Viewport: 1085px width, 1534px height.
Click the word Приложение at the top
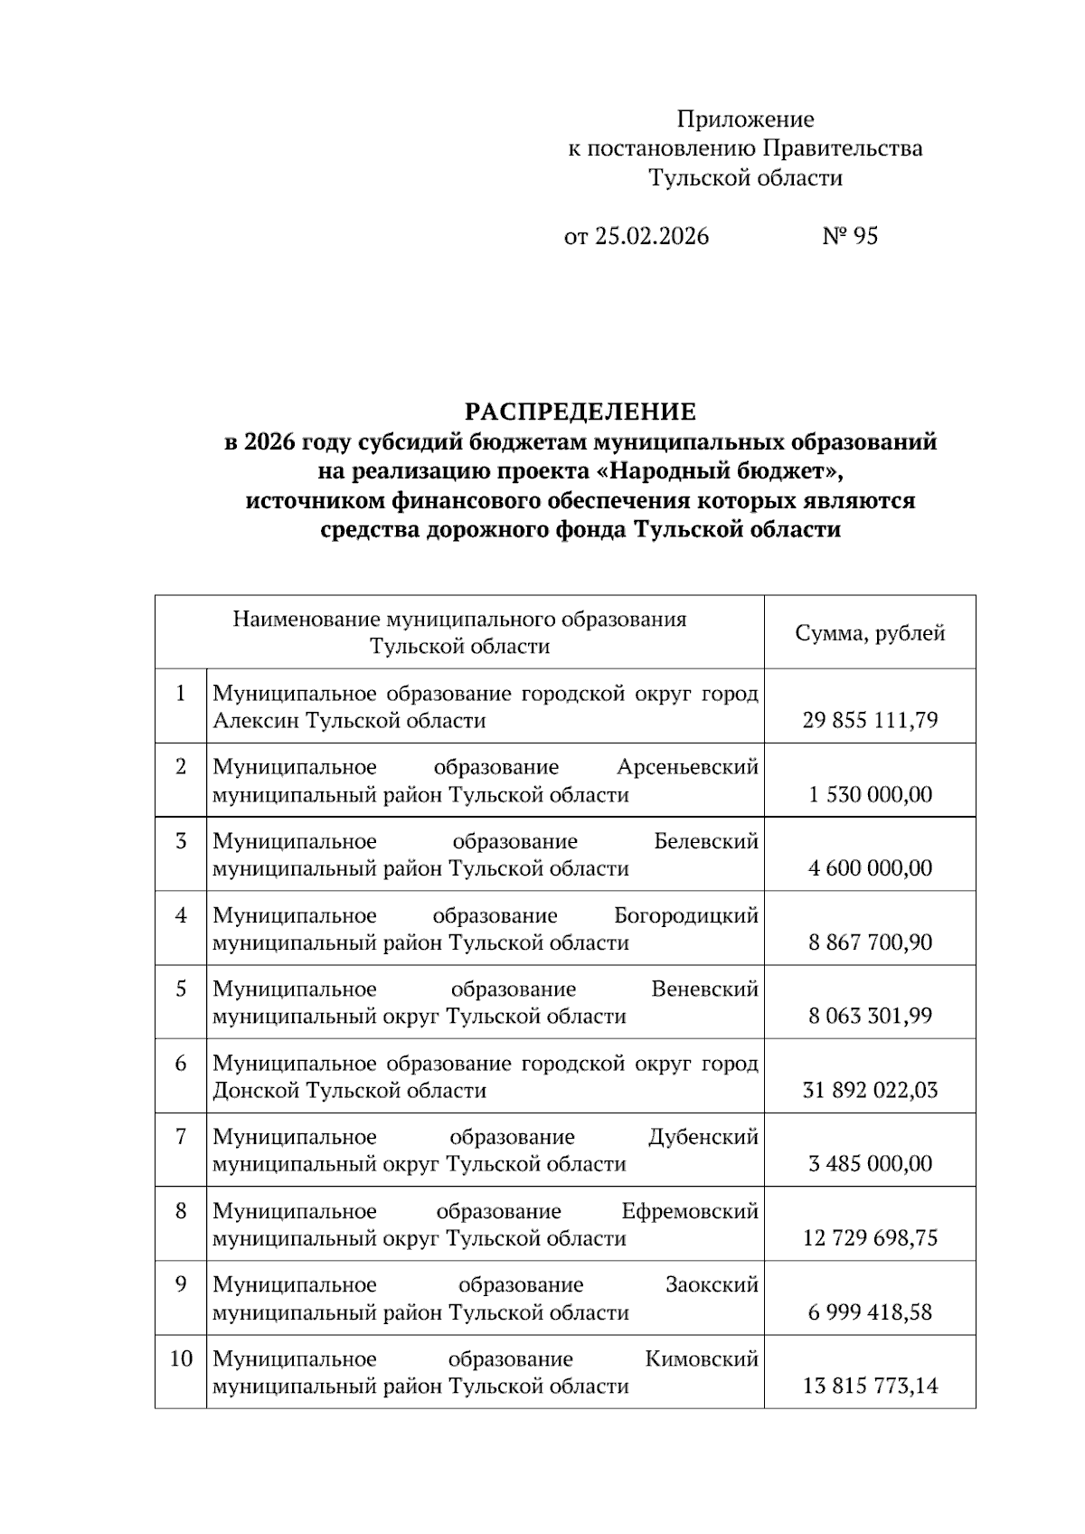(x=745, y=119)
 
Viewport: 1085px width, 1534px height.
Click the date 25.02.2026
(x=651, y=237)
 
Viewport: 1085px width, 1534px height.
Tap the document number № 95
(x=849, y=237)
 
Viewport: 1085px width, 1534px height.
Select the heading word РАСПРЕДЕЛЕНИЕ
(x=580, y=412)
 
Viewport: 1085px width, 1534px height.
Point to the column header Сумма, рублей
(x=870, y=633)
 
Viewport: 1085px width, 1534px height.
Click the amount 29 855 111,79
(x=870, y=721)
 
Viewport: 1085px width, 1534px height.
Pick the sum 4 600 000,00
(x=870, y=868)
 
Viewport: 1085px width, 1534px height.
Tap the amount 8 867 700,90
(x=870, y=942)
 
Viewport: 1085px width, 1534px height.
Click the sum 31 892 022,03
(x=870, y=1090)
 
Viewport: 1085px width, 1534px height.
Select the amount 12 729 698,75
(x=870, y=1238)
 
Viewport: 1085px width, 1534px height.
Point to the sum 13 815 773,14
(x=870, y=1386)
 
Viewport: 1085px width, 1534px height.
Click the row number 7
(x=181, y=1137)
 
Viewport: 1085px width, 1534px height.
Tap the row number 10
(x=181, y=1359)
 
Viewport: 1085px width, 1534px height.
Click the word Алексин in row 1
(x=257, y=721)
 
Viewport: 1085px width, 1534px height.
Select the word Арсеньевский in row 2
(x=687, y=768)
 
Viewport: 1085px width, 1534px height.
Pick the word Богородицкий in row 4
(x=685, y=915)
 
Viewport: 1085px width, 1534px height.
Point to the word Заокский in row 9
(x=712, y=1285)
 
